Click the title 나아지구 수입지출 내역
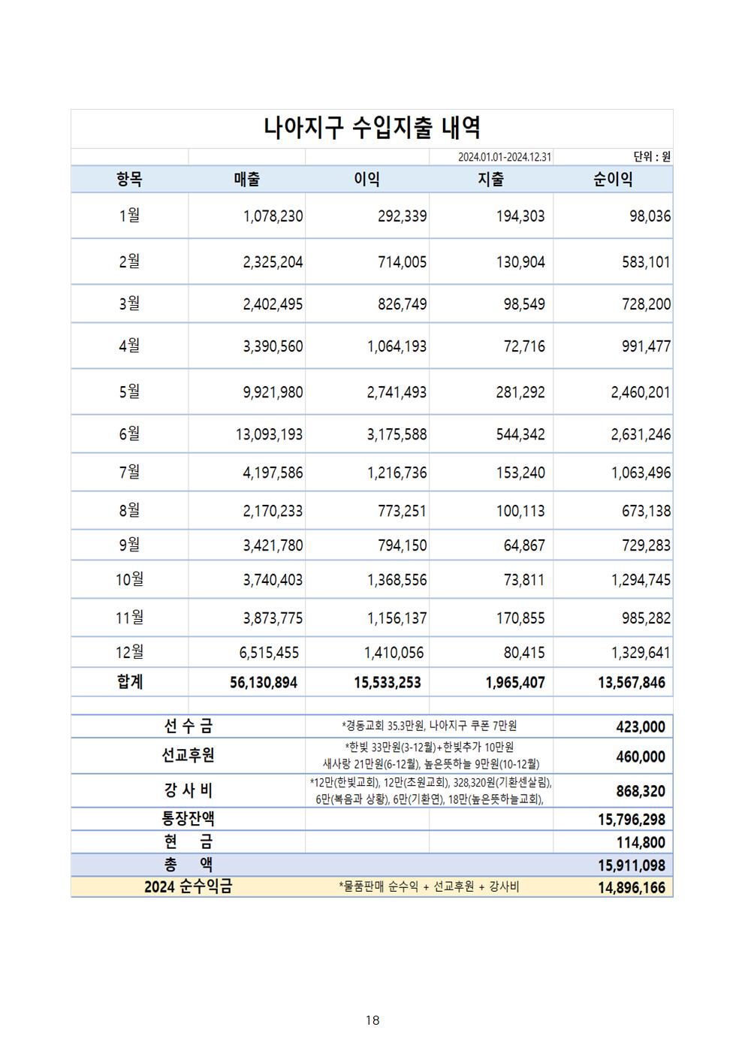[x=372, y=128]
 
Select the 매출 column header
[x=247, y=180]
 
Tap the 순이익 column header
[x=613, y=180]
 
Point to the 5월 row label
[x=129, y=391]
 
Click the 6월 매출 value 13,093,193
[x=269, y=434]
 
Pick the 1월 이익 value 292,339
[x=402, y=216]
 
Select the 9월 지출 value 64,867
[x=524, y=545]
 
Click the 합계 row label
[x=130, y=682]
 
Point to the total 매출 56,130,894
[x=264, y=683]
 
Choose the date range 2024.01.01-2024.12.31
[x=505, y=157]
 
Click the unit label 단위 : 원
[x=651, y=157]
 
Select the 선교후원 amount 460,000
[x=641, y=757]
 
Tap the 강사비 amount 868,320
[x=641, y=791]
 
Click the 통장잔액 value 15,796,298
[x=632, y=820]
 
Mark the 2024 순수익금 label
[x=189, y=887]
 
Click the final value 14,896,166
[x=632, y=888]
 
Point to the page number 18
[x=372, y=1020]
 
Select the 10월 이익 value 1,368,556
[x=397, y=580]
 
